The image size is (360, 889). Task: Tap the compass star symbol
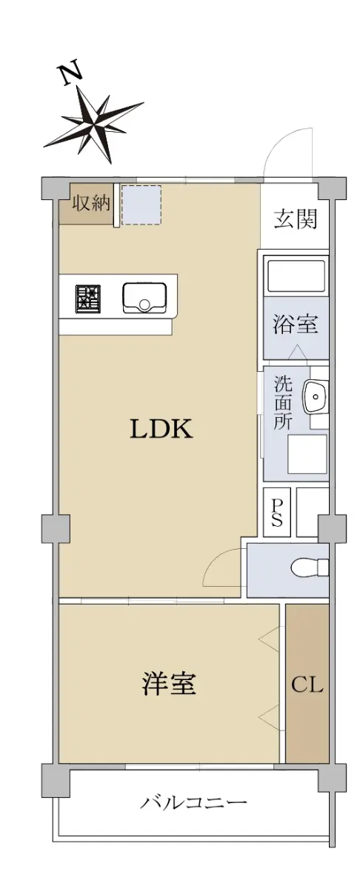tap(93, 124)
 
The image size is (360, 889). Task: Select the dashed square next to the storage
tap(141, 204)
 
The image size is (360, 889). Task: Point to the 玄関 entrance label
tap(296, 219)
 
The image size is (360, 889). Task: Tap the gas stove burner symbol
tap(88, 299)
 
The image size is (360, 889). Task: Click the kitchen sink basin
tap(144, 298)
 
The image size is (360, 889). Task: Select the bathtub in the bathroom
tap(296, 276)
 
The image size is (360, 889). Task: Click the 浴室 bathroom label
tap(296, 324)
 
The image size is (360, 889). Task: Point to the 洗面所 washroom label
tap(284, 403)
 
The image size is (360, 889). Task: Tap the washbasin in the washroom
tap(315, 396)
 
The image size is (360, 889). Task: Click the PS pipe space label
tap(277, 513)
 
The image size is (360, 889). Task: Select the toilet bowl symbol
tap(310, 568)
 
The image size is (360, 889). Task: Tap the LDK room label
tap(161, 429)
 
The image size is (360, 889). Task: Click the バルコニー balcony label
tap(193, 802)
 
